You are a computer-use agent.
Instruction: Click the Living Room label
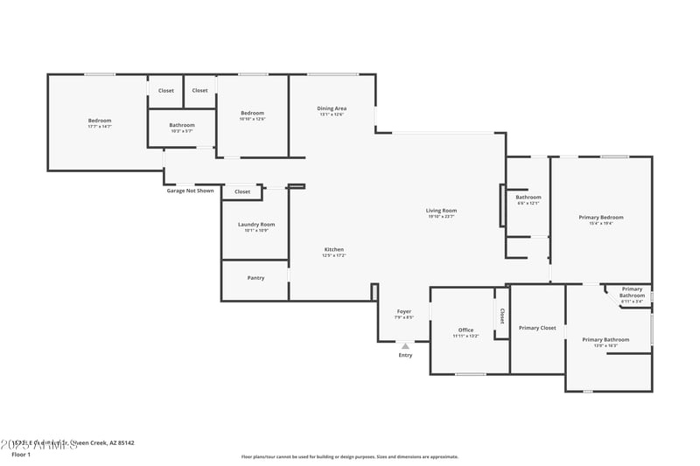pos(442,211)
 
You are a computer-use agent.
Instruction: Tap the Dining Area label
pos(332,108)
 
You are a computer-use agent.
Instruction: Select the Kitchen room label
pos(334,250)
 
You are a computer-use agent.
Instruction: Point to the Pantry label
pos(255,278)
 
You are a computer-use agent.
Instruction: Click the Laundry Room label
pos(256,225)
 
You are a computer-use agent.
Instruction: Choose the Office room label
pos(465,330)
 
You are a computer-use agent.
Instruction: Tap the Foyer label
pos(404,311)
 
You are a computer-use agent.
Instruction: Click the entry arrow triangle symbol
pos(405,346)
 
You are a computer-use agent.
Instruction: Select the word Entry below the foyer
pos(405,355)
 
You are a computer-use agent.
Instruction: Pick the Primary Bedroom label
pos(601,218)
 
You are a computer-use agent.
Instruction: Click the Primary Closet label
pos(537,328)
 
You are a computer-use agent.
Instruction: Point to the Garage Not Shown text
pos(190,191)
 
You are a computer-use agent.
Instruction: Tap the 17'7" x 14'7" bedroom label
pos(100,121)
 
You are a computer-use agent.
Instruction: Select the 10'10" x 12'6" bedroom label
pos(253,114)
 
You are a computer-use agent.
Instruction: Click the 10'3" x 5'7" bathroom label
pos(182,126)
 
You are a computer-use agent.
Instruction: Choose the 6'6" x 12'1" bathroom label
pos(528,198)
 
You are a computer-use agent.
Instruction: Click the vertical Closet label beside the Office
pos(502,316)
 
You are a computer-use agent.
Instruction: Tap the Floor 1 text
pos(21,455)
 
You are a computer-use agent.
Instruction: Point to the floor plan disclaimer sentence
pos(349,456)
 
